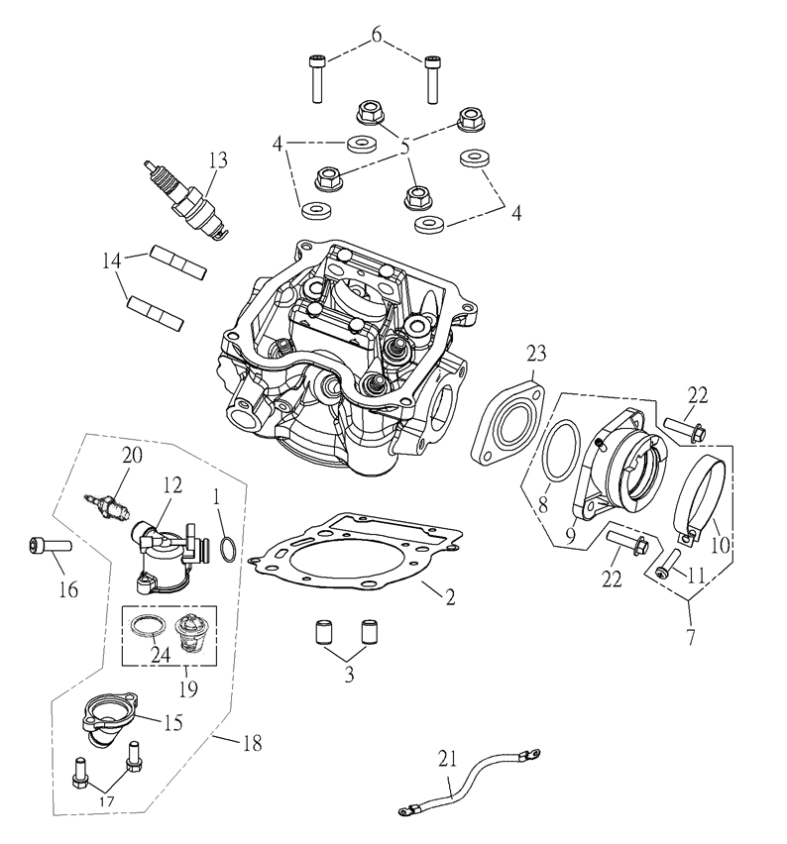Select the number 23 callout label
(x=536, y=352)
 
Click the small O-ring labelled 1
(x=227, y=550)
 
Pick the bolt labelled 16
(x=47, y=544)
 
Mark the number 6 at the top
(x=375, y=37)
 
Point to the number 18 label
(x=252, y=742)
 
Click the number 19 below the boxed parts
(x=184, y=685)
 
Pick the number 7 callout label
(x=688, y=633)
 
